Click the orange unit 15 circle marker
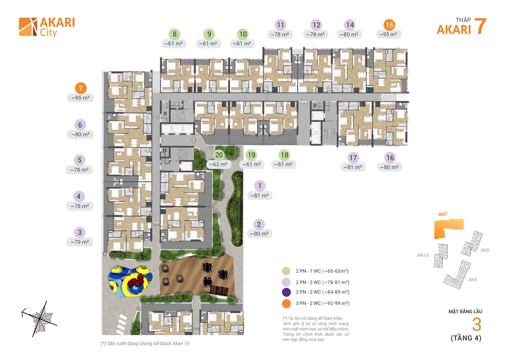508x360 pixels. pyautogui.click(x=389, y=25)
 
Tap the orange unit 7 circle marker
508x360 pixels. pyautogui.click(x=81, y=88)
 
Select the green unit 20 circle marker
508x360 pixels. pyautogui.click(x=219, y=155)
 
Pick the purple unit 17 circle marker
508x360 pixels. pyautogui.click(x=353, y=158)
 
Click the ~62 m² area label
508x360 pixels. pyautogui.click(x=218, y=164)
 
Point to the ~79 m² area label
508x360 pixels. pyautogui.click(x=80, y=242)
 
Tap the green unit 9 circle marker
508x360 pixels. pyautogui.click(x=209, y=34)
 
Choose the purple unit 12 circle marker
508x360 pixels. pyautogui.click(x=316, y=25)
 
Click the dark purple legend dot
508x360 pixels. pyautogui.click(x=286, y=292)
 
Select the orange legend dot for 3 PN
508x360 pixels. pyautogui.click(x=286, y=304)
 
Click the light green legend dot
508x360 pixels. pyautogui.click(x=286, y=271)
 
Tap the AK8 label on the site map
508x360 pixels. pyautogui.click(x=485, y=250)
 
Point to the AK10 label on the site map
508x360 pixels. pyautogui.click(x=423, y=255)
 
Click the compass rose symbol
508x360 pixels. pyautogui.click(x=40, y=319)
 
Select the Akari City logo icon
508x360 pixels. pyautogui.click(x=28, y=27)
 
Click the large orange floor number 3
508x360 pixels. pyautogui.click(x=477, y=325)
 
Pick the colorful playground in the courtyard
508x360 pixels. pyautogui.click(x=130, y=281)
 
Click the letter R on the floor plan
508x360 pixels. pyautogui.click(x=165, y=114)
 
